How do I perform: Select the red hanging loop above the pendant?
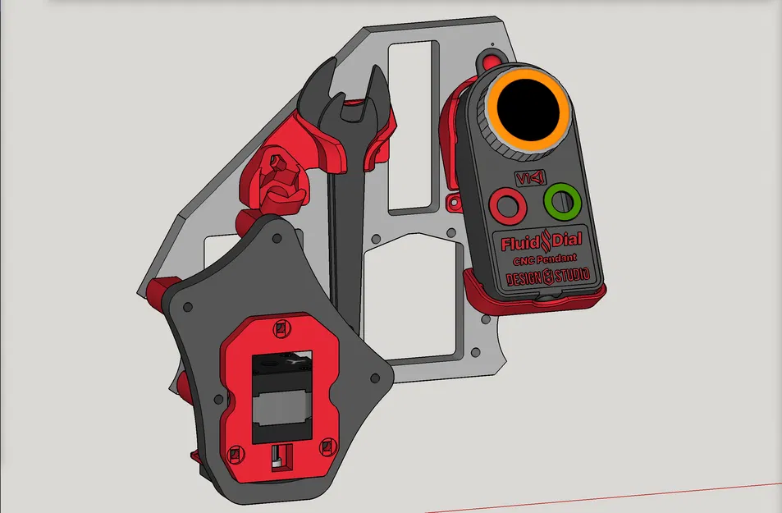[x=492, y=60]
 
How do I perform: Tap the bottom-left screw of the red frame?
[x=235, y=452]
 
